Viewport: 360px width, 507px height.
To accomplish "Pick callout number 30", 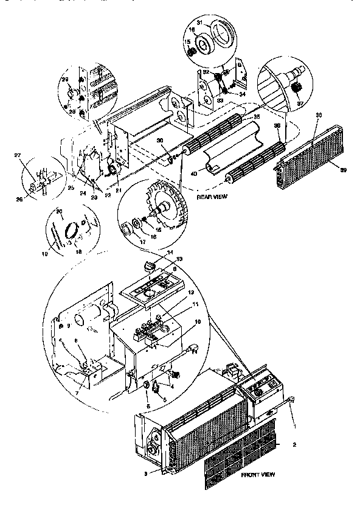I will [x=160, y=141].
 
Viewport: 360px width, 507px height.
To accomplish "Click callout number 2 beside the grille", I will [x=294, y=445].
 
